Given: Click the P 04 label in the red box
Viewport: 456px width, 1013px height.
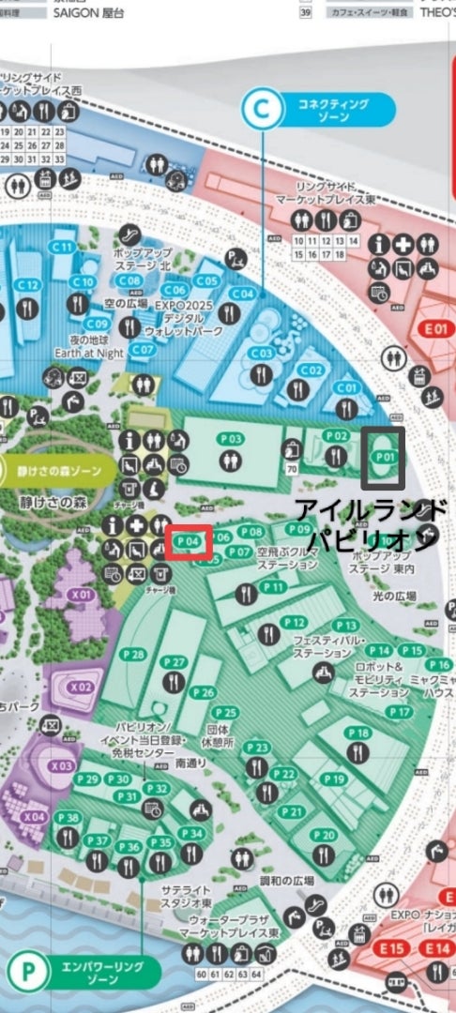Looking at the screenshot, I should tap(189, 541).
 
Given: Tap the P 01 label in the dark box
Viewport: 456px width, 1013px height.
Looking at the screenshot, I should tap(383, 456).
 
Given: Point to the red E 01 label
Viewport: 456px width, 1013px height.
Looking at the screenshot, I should tap(437, 329).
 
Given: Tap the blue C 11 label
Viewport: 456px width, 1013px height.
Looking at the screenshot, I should tap(63, 247).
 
